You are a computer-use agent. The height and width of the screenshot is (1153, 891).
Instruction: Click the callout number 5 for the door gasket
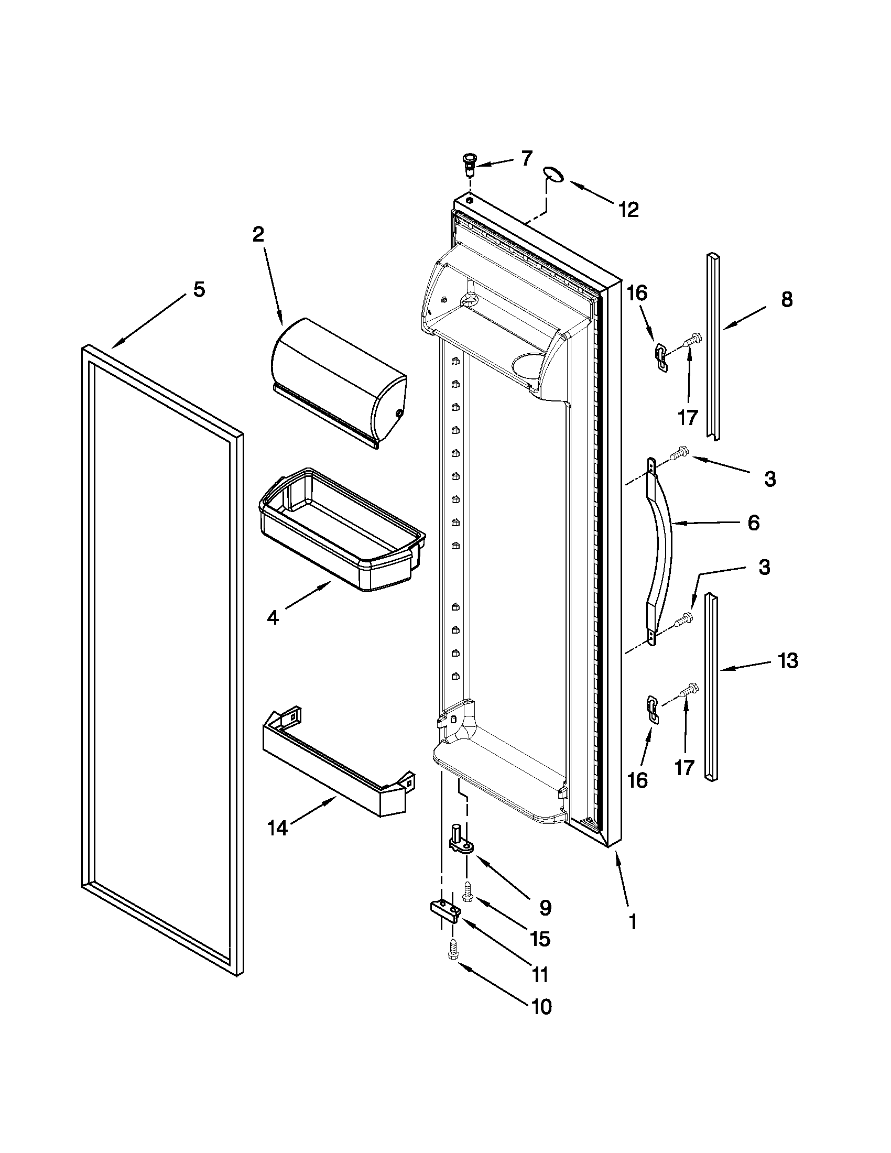pos(199,290)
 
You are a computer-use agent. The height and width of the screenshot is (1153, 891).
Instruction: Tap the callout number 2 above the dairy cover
pos(257,234)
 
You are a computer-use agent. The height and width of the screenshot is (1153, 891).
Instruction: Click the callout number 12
pos(628,210)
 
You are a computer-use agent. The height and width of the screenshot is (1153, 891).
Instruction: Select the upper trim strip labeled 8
pos(714,346)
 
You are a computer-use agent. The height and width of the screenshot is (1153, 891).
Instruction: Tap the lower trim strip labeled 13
pos(713,687)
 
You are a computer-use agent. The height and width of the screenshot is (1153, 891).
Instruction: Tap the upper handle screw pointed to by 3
pos(678,453)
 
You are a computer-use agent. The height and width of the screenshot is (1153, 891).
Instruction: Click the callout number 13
pos(788,660)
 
